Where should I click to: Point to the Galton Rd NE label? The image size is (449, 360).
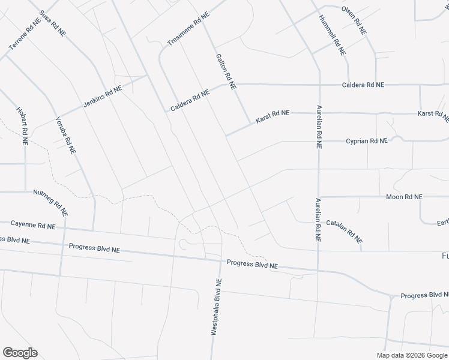coord(226,70)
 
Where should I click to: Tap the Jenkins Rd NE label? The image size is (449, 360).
coord(103,95)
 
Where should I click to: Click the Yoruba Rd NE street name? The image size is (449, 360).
coord(65,136)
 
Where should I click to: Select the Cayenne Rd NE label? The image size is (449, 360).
coord(33,225)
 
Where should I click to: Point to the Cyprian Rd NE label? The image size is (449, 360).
coord(367,140)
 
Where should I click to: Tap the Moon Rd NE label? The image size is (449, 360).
coord(404,196)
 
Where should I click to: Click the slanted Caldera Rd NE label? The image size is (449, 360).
coord(189,100)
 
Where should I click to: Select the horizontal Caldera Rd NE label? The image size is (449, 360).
coord(363,85)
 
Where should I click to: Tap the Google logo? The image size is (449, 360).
coord(20,353)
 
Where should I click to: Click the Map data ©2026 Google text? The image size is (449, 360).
coord(411,355)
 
